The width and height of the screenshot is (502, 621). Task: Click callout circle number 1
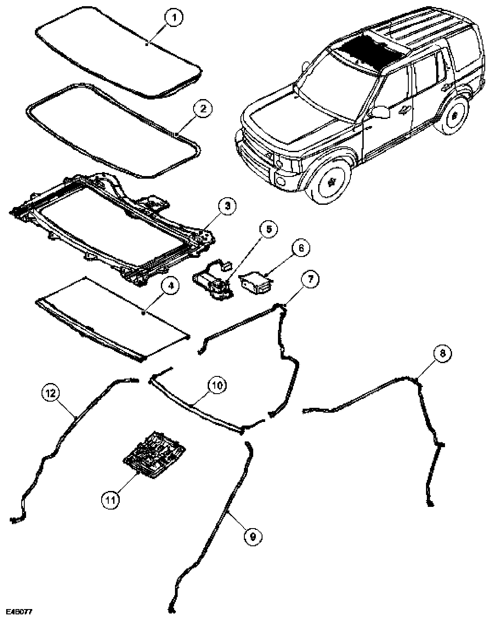click(174, 18)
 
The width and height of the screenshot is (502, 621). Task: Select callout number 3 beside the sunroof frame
click(227, 206)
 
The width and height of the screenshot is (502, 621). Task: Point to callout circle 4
click(171, 286)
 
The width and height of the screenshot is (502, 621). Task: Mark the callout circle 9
click(252, 536)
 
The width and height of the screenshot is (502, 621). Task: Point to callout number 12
click(50, 392)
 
